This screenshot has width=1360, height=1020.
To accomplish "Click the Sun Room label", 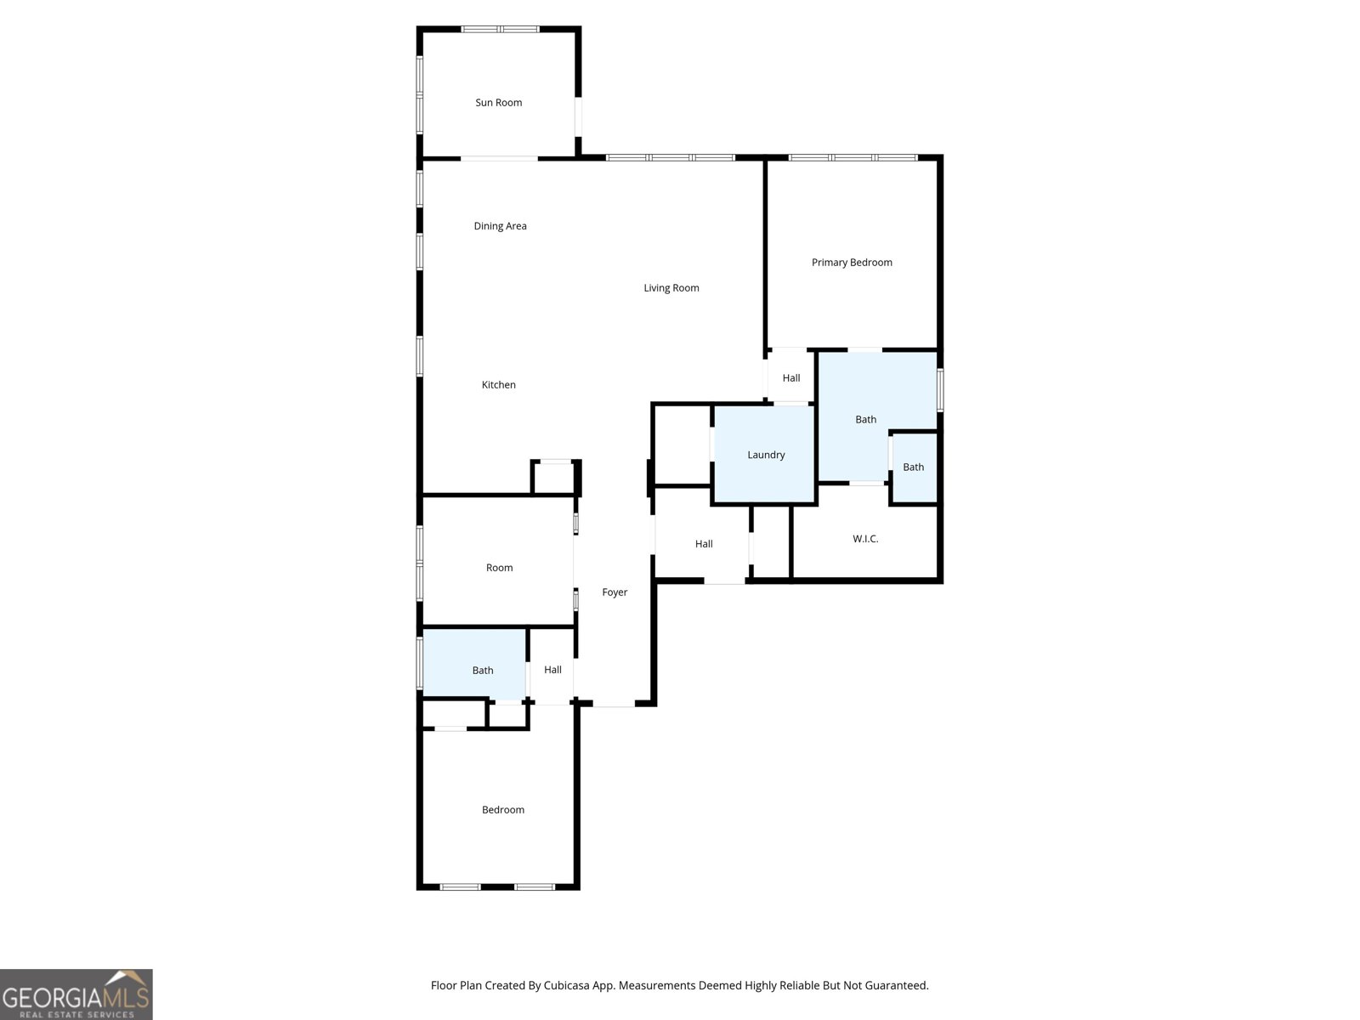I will (x=498, y=103).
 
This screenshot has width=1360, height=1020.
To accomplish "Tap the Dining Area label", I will (x=500, y=226).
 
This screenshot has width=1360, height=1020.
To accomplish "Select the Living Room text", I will (x=671, y=288).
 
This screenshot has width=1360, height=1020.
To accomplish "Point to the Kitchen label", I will (x=498, y=385).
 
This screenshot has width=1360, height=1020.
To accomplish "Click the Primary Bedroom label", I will (x=852, y=263).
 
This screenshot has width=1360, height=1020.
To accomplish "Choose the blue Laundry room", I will (x=765, y=455).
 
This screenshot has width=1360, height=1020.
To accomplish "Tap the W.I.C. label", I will (x=865, y=539).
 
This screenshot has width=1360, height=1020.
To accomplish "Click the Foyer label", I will (x=615, y=592).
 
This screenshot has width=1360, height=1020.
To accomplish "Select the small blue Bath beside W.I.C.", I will (x=913, y=467).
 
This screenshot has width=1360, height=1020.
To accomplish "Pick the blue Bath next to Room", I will (x=482, y=671).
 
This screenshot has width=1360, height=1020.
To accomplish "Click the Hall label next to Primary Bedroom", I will (x=790, y=378).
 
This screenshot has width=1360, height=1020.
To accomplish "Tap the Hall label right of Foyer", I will (x=704, y=544).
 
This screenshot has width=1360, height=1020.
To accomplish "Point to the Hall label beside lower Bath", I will (x=552, y=670).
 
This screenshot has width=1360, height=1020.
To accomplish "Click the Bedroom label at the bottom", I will (x=502, y=810).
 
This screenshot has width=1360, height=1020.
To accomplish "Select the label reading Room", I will (x=499, y=568).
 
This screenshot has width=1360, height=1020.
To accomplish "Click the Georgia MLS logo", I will (x=76, y=994).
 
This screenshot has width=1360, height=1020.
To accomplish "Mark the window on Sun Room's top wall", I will (x=500, y=29).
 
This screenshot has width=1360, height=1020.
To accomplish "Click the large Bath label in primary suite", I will (x=865, y=420).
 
